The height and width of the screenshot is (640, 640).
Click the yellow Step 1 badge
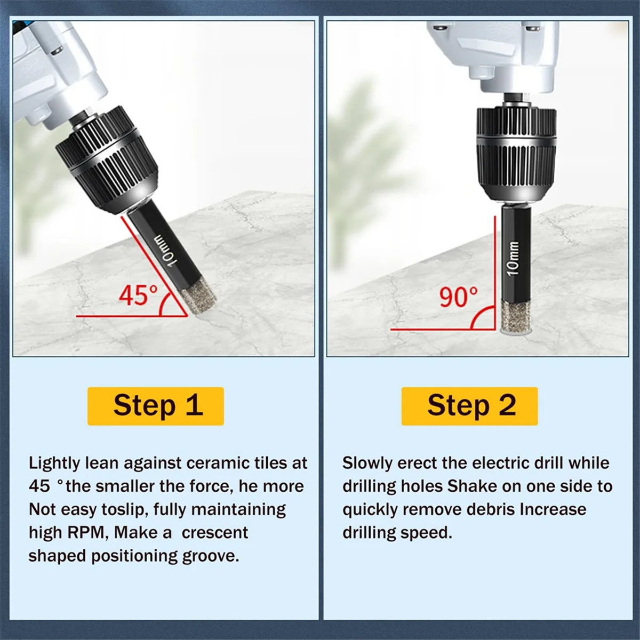coord(155,406)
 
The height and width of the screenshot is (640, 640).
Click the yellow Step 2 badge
coord(470,406)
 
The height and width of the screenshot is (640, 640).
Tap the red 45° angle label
coord(138,295)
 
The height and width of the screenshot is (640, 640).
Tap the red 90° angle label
coord(459,297)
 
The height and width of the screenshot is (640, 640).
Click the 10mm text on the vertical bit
coord(514,258)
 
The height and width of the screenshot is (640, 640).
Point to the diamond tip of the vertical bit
coord(516,317)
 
